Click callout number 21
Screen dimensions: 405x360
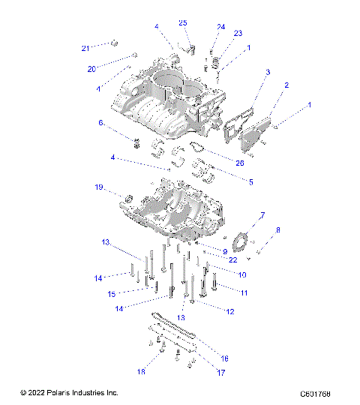coord(85,48)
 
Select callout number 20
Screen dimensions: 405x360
coord(92,69)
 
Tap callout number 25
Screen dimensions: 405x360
coord(182,23)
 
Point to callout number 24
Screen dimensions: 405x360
coord(220,27)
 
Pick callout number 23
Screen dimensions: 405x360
coord(238,34)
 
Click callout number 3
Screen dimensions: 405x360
coord(267,72)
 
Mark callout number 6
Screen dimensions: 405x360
coord(100,122)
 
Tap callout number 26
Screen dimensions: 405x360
coord(239,163)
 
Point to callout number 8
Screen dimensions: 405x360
coord(278,229)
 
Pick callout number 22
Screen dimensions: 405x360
coord(234,259)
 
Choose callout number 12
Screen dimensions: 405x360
coord(229,310)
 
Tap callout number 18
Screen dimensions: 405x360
coord(140,372)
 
